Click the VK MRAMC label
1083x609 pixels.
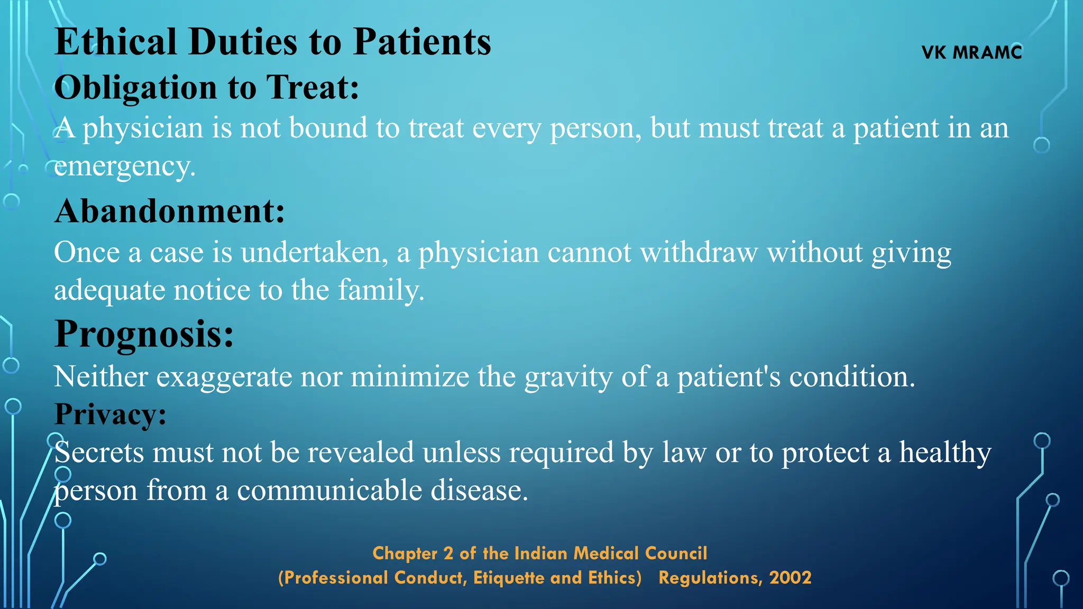click(x=971, y=52)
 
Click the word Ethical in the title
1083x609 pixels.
click(x=115, y=41)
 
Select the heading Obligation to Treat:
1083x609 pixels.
click(x=206, y=87)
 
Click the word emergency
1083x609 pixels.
click(x=124, y=167)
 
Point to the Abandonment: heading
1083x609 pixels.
click(x=169, y=211)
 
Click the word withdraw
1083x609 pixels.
click(x=699, y=253)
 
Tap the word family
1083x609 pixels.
click(x=381, y=290)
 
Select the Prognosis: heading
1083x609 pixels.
click(x=144, y=334)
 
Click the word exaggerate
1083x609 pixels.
click(x=224, y=377)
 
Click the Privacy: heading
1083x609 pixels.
click(x=110, y=414)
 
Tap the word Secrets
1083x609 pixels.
click(x=99, y=453)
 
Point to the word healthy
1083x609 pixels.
click(x=945, y=453)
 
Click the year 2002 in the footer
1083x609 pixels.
click(x=790, y=578)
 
